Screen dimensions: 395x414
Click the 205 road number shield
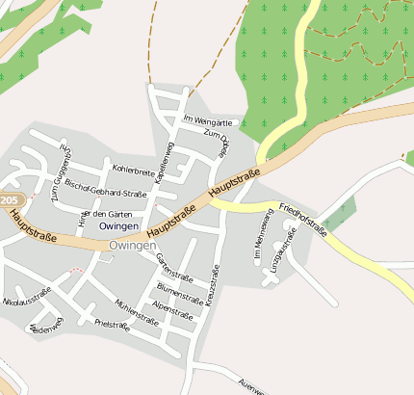click(x=9, y=200)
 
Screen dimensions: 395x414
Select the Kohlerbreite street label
click(x=134, y=171)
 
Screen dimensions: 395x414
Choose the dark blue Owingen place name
click(x=117, y=225)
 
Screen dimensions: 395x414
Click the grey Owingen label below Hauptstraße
click(x=133, y=247)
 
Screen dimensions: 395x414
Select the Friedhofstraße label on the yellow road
click(x=303, y=221)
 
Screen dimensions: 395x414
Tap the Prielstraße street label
click(x=113, y=325)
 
